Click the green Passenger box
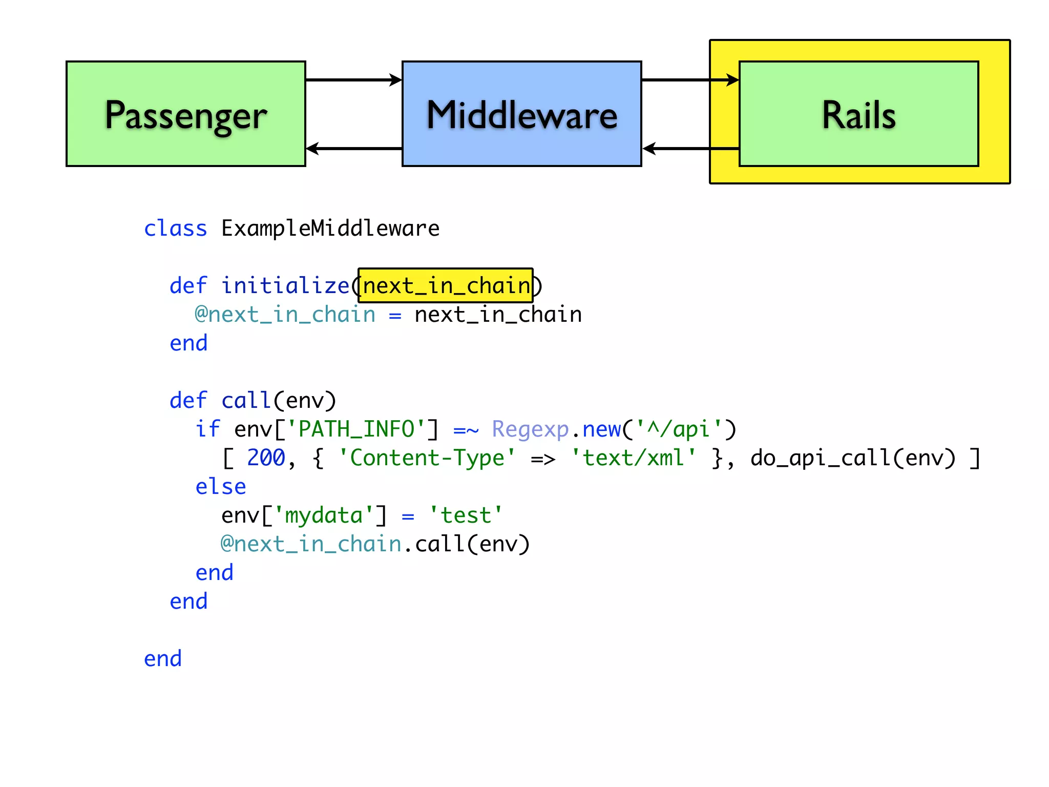[x=185, y=114]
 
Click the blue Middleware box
[x=521, y=114]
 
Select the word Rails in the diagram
[x=858, y=115]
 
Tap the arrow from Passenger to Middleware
[x=353, y=80]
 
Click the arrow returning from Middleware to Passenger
[x=353, y=149]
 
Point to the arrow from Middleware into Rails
[x=689, y=80]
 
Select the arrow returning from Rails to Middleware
[x=689, y=149]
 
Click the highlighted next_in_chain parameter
[x=446, y=285]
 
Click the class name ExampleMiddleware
[x=330, y=229]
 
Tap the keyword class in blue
[x=175, y=229]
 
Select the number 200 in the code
[x=266, y=458]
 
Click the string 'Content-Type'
[x=427, y=458]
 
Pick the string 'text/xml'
[x=633, y=458]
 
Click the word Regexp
[x=530, y=429]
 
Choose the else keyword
[x=221, y=486]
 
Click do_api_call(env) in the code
[x=853, y=458]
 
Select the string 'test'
[x=466, y=515]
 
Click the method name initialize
[x=285, y=285]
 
